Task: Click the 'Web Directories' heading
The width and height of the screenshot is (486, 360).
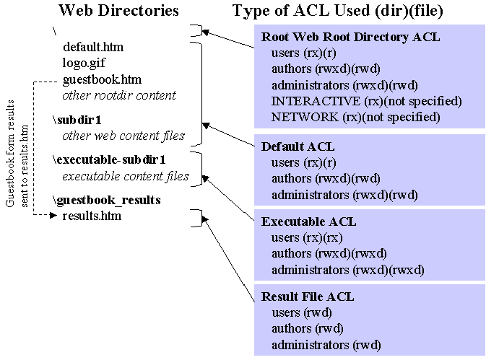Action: [118, 11]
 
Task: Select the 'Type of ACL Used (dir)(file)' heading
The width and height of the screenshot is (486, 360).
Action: [337, 11]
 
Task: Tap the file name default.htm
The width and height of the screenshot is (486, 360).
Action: [93, 47]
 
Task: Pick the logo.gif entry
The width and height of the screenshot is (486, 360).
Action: [84, 63]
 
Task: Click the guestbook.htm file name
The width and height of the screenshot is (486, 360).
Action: [102, 80]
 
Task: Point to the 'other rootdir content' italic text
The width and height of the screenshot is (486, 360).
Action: [119, 95]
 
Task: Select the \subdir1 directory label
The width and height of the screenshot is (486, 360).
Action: [77, 120]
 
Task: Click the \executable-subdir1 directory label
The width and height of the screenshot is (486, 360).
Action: [109, 159]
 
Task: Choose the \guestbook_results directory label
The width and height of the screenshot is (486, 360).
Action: [107, 201]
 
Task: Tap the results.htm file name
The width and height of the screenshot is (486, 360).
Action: [92, 216]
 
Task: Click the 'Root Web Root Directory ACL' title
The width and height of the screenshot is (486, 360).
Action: [350, 37]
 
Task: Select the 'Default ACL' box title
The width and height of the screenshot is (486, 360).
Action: [298, 146]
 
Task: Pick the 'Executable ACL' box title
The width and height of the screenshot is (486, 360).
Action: [308, 221]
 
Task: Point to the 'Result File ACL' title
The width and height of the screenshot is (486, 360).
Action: [308, 297]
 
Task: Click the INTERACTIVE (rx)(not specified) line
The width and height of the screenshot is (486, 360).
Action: [367, 101]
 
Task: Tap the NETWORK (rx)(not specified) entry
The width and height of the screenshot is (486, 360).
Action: [356, 118]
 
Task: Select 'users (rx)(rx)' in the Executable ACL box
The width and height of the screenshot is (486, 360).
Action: [307, 238]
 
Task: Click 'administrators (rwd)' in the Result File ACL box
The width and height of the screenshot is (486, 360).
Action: [326, 345]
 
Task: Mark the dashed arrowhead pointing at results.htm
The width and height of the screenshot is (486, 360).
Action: [53, 215]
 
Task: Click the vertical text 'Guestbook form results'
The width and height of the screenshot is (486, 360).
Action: [10, 153]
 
